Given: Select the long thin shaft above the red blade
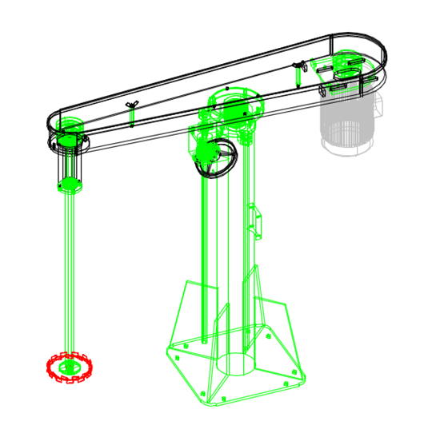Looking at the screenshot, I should pyautogui.click(x=70, y=272).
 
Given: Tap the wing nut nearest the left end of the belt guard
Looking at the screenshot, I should pyautogui.click(x=132, y=105).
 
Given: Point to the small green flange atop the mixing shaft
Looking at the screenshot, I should pyautogui.click(x=70, y=186).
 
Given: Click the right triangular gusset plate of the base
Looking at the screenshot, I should pyautogui.click(x=276, y=320).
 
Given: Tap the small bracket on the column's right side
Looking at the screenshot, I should pyautogui.click(x=256, y=220).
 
